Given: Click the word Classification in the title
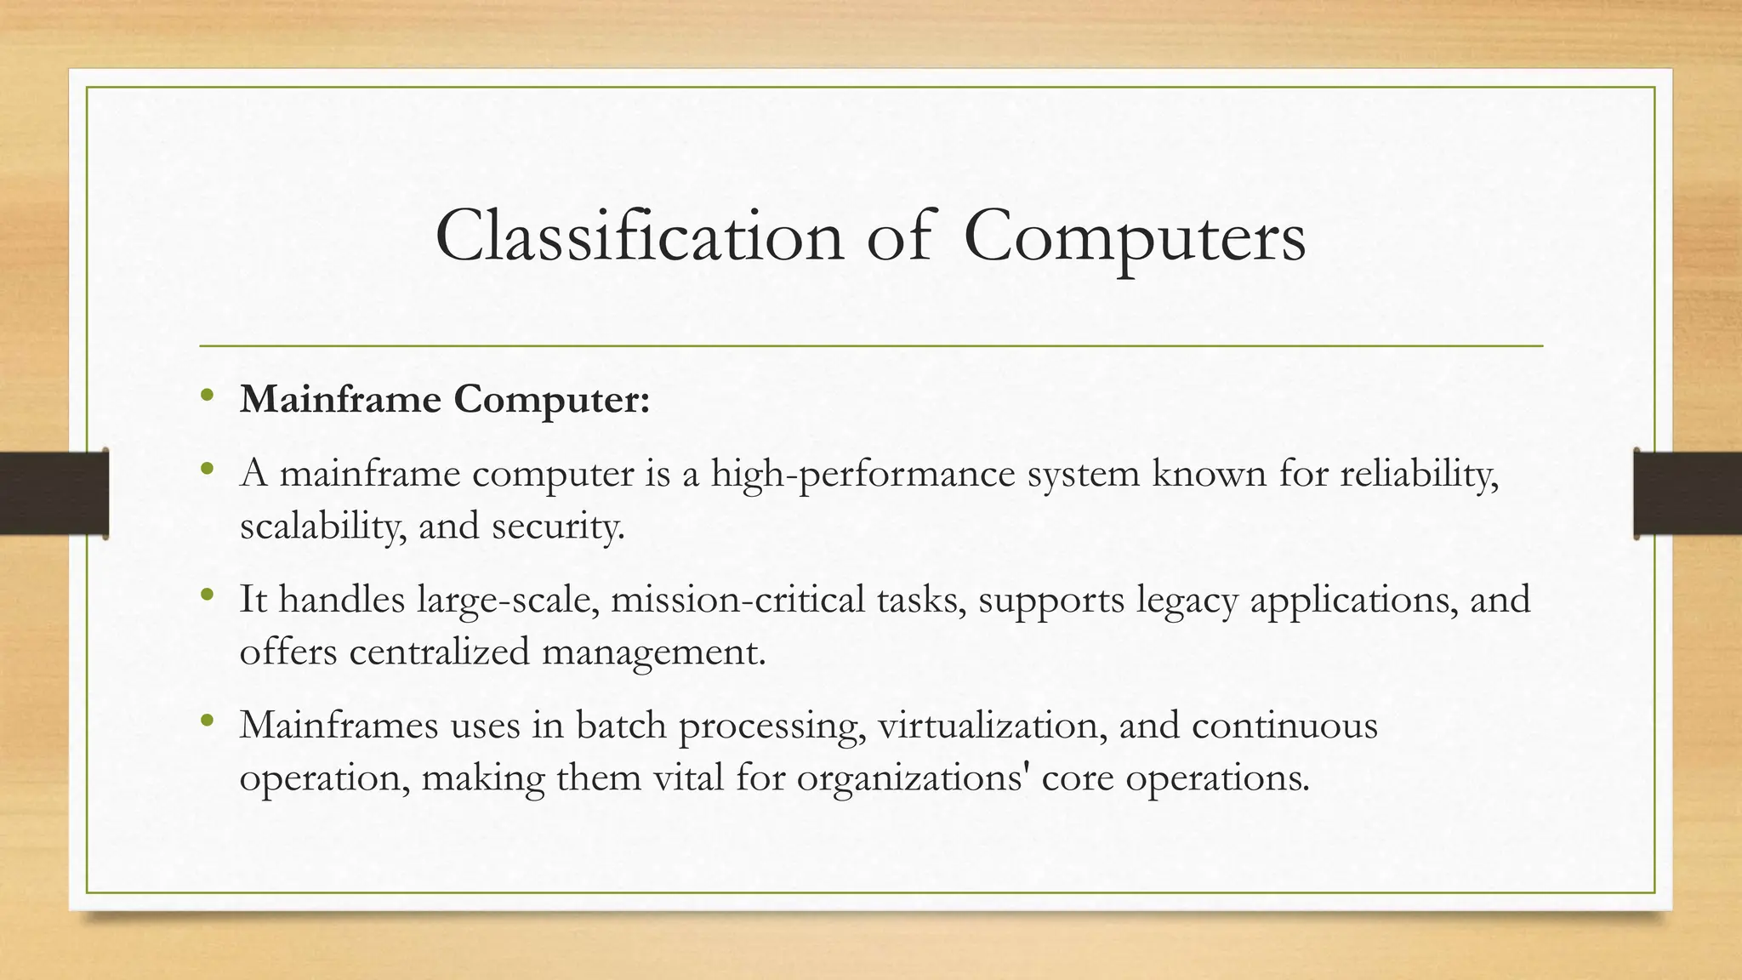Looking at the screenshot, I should [639, 236].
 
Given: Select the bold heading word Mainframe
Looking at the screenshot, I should [340, 399].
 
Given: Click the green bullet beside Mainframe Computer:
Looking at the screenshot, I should [207, 396].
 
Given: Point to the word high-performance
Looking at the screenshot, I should [862, 473].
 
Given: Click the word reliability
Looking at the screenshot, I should [1419, 473].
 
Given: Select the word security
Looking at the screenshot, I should [558, 526].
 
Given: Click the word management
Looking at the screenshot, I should [654, 653].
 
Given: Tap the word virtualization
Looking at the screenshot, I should [992, 725].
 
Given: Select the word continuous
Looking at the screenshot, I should [1284, 725].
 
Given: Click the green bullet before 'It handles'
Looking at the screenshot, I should [207, 595].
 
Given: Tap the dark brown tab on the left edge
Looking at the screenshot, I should [54, 493].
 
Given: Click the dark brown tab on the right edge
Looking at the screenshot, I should [1688, 493].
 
